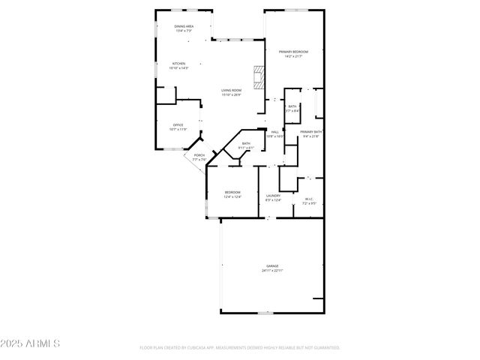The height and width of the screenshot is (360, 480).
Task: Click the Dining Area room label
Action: pos(184,26)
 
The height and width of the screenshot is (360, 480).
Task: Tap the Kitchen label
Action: pos(178,64)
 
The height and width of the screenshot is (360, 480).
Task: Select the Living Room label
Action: pos(231,90)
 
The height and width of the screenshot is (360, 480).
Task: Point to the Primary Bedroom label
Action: pos(293,52)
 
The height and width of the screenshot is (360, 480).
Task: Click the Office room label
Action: pos(178,124)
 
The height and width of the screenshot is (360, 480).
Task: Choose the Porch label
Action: pos(199,155)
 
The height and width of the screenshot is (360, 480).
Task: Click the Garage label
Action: pos(271,266)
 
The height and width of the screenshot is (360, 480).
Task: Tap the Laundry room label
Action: pos(273,196)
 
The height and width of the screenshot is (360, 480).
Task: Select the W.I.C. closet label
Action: pos(309,199)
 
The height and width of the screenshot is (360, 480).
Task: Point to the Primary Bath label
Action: pos(310,132)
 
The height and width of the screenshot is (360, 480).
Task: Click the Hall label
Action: pos(275,132)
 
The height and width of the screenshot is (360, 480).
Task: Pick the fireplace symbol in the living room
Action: pos(259,76)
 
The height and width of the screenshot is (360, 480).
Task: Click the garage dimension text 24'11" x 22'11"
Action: pos(271,271)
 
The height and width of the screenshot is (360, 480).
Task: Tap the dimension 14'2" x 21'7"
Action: pos(293,56)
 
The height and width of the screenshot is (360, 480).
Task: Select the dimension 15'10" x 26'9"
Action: pos(231,94)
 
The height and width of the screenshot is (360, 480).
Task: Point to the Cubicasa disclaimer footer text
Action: pos(240,348)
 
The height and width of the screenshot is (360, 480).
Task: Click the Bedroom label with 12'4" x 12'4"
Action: pos(232,193)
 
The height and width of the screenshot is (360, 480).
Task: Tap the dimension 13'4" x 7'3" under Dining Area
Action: pos(184,31)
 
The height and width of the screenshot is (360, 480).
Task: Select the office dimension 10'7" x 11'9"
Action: pos(178,129)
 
